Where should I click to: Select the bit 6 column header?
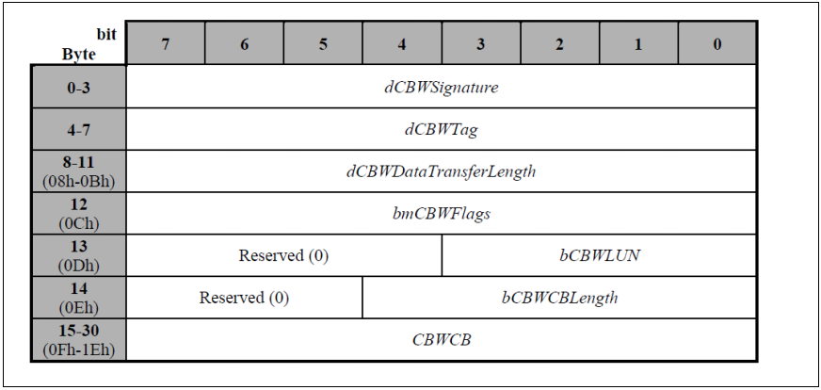click(244, 43)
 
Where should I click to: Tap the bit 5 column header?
click(323, 43)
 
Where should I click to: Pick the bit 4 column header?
click(402, 43)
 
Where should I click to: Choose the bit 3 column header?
click(480, 43)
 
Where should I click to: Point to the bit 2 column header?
click(559, 43)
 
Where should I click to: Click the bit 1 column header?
click(638, 43)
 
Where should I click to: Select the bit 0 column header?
click(716, 43)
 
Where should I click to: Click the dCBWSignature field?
click(441, 88)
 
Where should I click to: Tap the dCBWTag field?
click(441, 129)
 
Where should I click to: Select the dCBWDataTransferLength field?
click(441, 171)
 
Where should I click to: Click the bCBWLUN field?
click(599, 255)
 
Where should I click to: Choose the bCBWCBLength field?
click(559, 298)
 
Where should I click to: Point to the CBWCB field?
click(441, 339)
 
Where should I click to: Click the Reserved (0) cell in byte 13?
click(283, 255)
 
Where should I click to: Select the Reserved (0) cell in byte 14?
click(244, 298)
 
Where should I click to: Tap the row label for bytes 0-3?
click(79, 88)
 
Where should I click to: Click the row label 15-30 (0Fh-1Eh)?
click(79, 339)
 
